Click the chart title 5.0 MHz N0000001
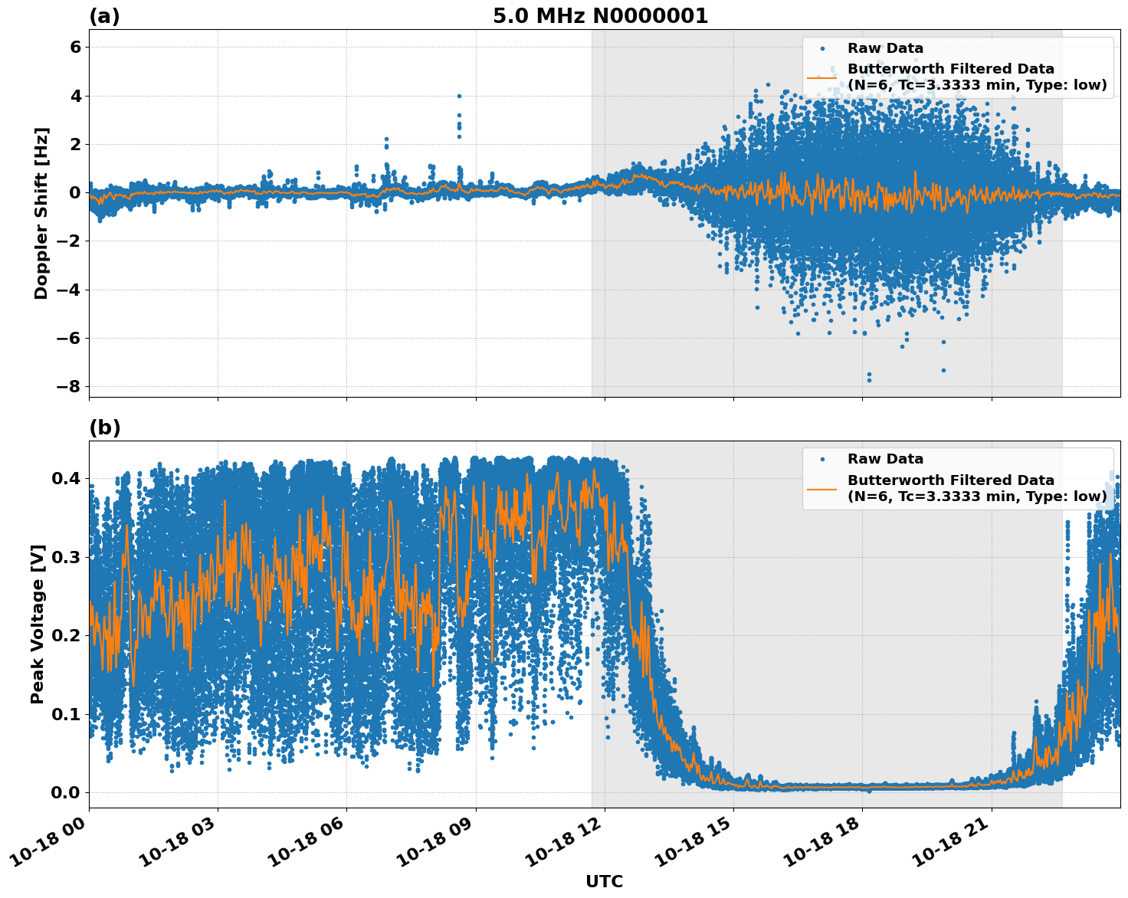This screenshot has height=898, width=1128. [600, 16]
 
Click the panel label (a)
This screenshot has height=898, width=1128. [104, 16]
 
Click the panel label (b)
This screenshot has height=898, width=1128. [104, 428]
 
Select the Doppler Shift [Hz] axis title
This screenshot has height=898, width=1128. [41, 213]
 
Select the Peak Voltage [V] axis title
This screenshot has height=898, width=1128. [38, 624]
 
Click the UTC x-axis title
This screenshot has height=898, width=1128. [604, 881]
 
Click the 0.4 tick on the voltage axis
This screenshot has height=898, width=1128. [65, 479]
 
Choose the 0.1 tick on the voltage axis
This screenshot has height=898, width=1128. [65, 714]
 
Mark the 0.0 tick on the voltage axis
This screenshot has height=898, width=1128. [65, 792]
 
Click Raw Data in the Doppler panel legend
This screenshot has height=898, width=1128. [885, 48]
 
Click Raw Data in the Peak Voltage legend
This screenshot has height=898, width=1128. [885, 459]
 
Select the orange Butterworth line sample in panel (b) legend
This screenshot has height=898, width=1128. [821, 488]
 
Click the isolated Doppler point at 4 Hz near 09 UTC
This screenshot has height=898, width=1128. [459, 96]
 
